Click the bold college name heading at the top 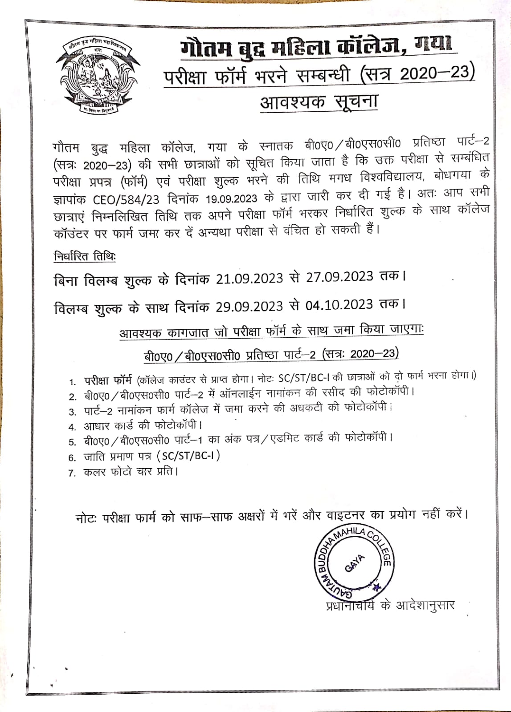pos(316,47)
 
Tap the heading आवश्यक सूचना pos(319,102)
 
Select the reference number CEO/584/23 pos(126,198)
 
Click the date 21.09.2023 pos(249,279)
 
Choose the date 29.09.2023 pos(249,307)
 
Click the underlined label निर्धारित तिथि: pos(85,257)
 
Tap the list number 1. pos(73,382)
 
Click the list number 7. pos(72,473)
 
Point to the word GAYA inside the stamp pos(355,563)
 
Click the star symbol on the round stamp pos(377,587)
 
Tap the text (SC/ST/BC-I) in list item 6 pos(188,456)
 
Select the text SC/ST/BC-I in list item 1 pos(303,378)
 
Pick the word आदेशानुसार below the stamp pos(425,606)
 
